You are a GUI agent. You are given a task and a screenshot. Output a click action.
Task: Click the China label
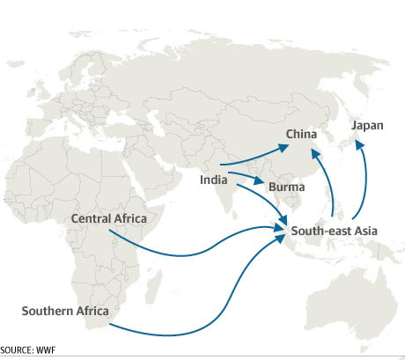(302, 135)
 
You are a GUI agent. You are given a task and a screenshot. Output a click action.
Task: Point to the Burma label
(286, 187)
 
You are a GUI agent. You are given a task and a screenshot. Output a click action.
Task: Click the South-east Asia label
(334, 231)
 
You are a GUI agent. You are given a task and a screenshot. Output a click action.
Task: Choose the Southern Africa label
(66, 311)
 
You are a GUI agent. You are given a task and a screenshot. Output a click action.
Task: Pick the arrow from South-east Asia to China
(328, 180)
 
